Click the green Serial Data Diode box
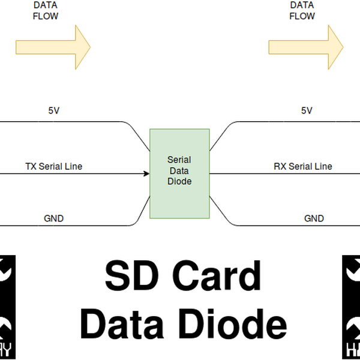pos(179,173)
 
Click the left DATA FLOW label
pos(45,11)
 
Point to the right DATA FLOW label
pos(302,11)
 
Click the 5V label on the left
pos(53,110)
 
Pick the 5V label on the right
pos(307,110)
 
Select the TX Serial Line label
pos(53,166)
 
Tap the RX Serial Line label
pos(302,166)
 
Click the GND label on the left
pos(53,218)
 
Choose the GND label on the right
pos(314,218)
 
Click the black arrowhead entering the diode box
pos(146,174)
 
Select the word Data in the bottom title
pos(123,324)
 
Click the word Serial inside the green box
pos(179,160)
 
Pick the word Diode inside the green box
pos(179,181)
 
